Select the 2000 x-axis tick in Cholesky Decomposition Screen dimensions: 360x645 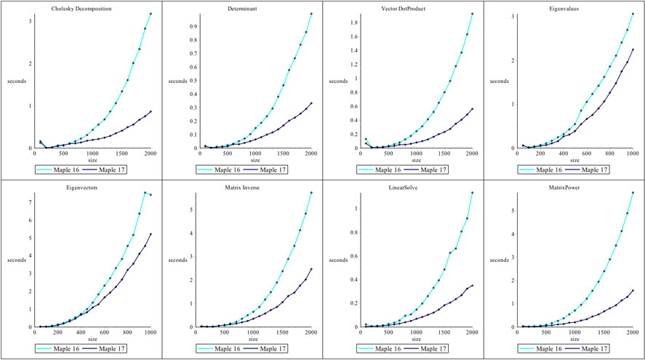click(151, 154)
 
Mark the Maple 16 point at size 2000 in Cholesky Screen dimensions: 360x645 click(151, 14)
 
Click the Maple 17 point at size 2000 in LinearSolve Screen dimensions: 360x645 click(473, 286)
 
